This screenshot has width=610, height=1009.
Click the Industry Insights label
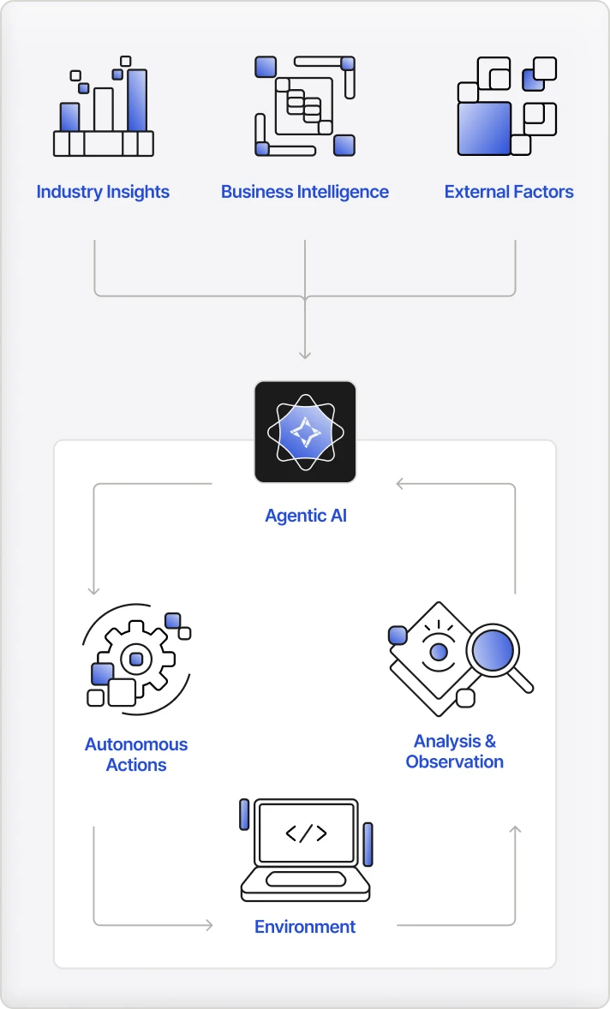(x=103, y=192)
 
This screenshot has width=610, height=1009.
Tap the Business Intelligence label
(x=305, y=192)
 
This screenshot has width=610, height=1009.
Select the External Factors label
(x=509, y=192)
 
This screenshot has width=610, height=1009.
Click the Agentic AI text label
(x=306, y=516)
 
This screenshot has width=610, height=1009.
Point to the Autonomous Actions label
(x=136, y=755)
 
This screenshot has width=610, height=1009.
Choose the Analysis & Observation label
(x=455, y=751)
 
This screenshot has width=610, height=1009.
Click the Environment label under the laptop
(x=305, y=927)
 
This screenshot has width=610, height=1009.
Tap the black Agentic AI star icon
(x=305, y=432)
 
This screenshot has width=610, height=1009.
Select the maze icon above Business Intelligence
(x=305, y=106)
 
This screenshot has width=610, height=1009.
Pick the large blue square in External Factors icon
(x=484, y=128)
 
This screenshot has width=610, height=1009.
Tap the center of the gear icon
(x=135, y=660)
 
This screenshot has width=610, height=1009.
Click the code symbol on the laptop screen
(x=306, y=833)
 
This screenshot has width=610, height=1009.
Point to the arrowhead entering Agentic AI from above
(x=305, y=354)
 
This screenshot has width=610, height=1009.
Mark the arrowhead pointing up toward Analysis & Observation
(x=515, y=831)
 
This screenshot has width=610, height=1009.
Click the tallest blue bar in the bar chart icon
(x=137, y=99)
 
